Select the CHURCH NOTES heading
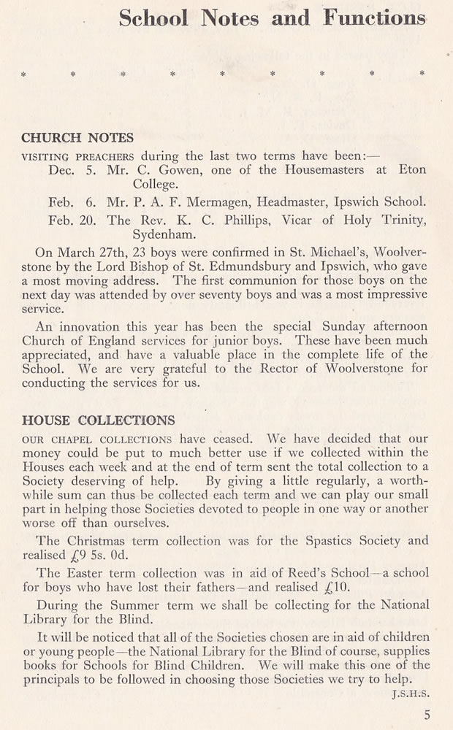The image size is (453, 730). (77, 137)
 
